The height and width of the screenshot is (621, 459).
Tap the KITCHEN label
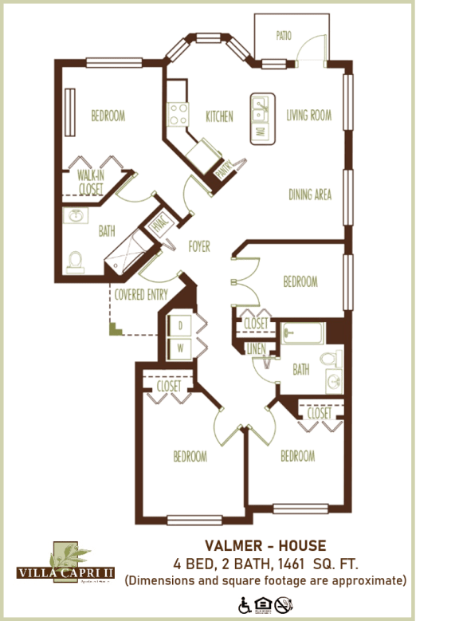[219, 116]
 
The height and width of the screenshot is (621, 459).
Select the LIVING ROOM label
[308, 116]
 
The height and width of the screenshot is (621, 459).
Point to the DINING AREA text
[309, 195]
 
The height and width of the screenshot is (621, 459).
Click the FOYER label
[199, 247]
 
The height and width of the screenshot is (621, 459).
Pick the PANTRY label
[224, 168]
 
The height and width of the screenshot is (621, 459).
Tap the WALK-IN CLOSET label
[91, 182]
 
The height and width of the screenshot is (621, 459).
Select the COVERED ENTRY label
[140, 295]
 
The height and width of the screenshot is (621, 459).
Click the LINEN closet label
[257, 348]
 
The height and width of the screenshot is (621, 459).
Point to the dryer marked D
[180, 325]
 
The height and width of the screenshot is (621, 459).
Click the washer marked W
[180, 348]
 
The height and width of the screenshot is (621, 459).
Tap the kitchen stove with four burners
[178, 114]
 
